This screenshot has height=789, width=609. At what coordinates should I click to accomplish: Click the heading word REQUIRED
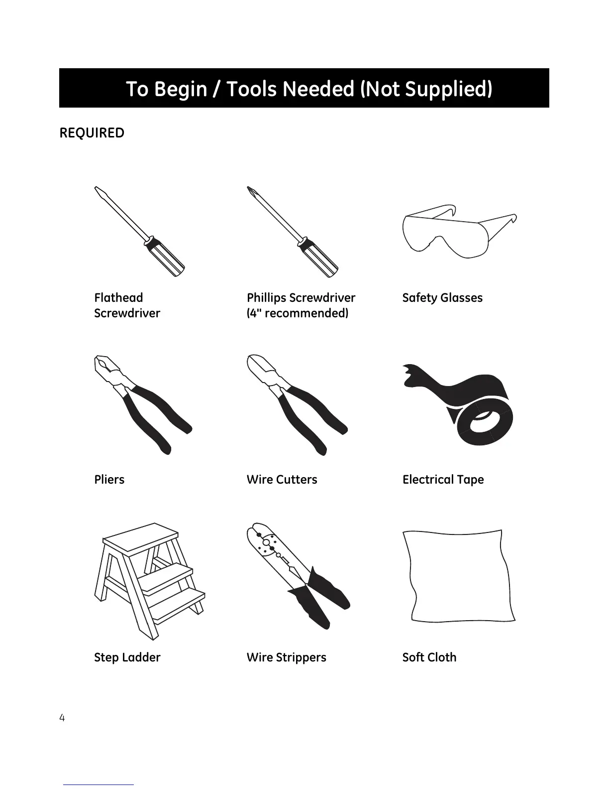[92, 133]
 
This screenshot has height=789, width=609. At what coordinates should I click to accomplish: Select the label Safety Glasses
[442, 298]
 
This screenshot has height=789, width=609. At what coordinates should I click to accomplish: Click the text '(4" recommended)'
[298, 313]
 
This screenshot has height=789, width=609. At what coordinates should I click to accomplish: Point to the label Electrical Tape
[443, 480]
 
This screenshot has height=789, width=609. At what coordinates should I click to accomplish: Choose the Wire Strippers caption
[286, 657]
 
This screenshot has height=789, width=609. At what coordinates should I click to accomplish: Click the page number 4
[62, 718]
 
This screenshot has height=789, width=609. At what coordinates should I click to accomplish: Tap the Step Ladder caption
[127, 657]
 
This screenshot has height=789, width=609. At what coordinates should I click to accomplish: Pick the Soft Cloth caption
[429, 657]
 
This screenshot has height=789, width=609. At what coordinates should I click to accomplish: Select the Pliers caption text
[109, 480]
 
